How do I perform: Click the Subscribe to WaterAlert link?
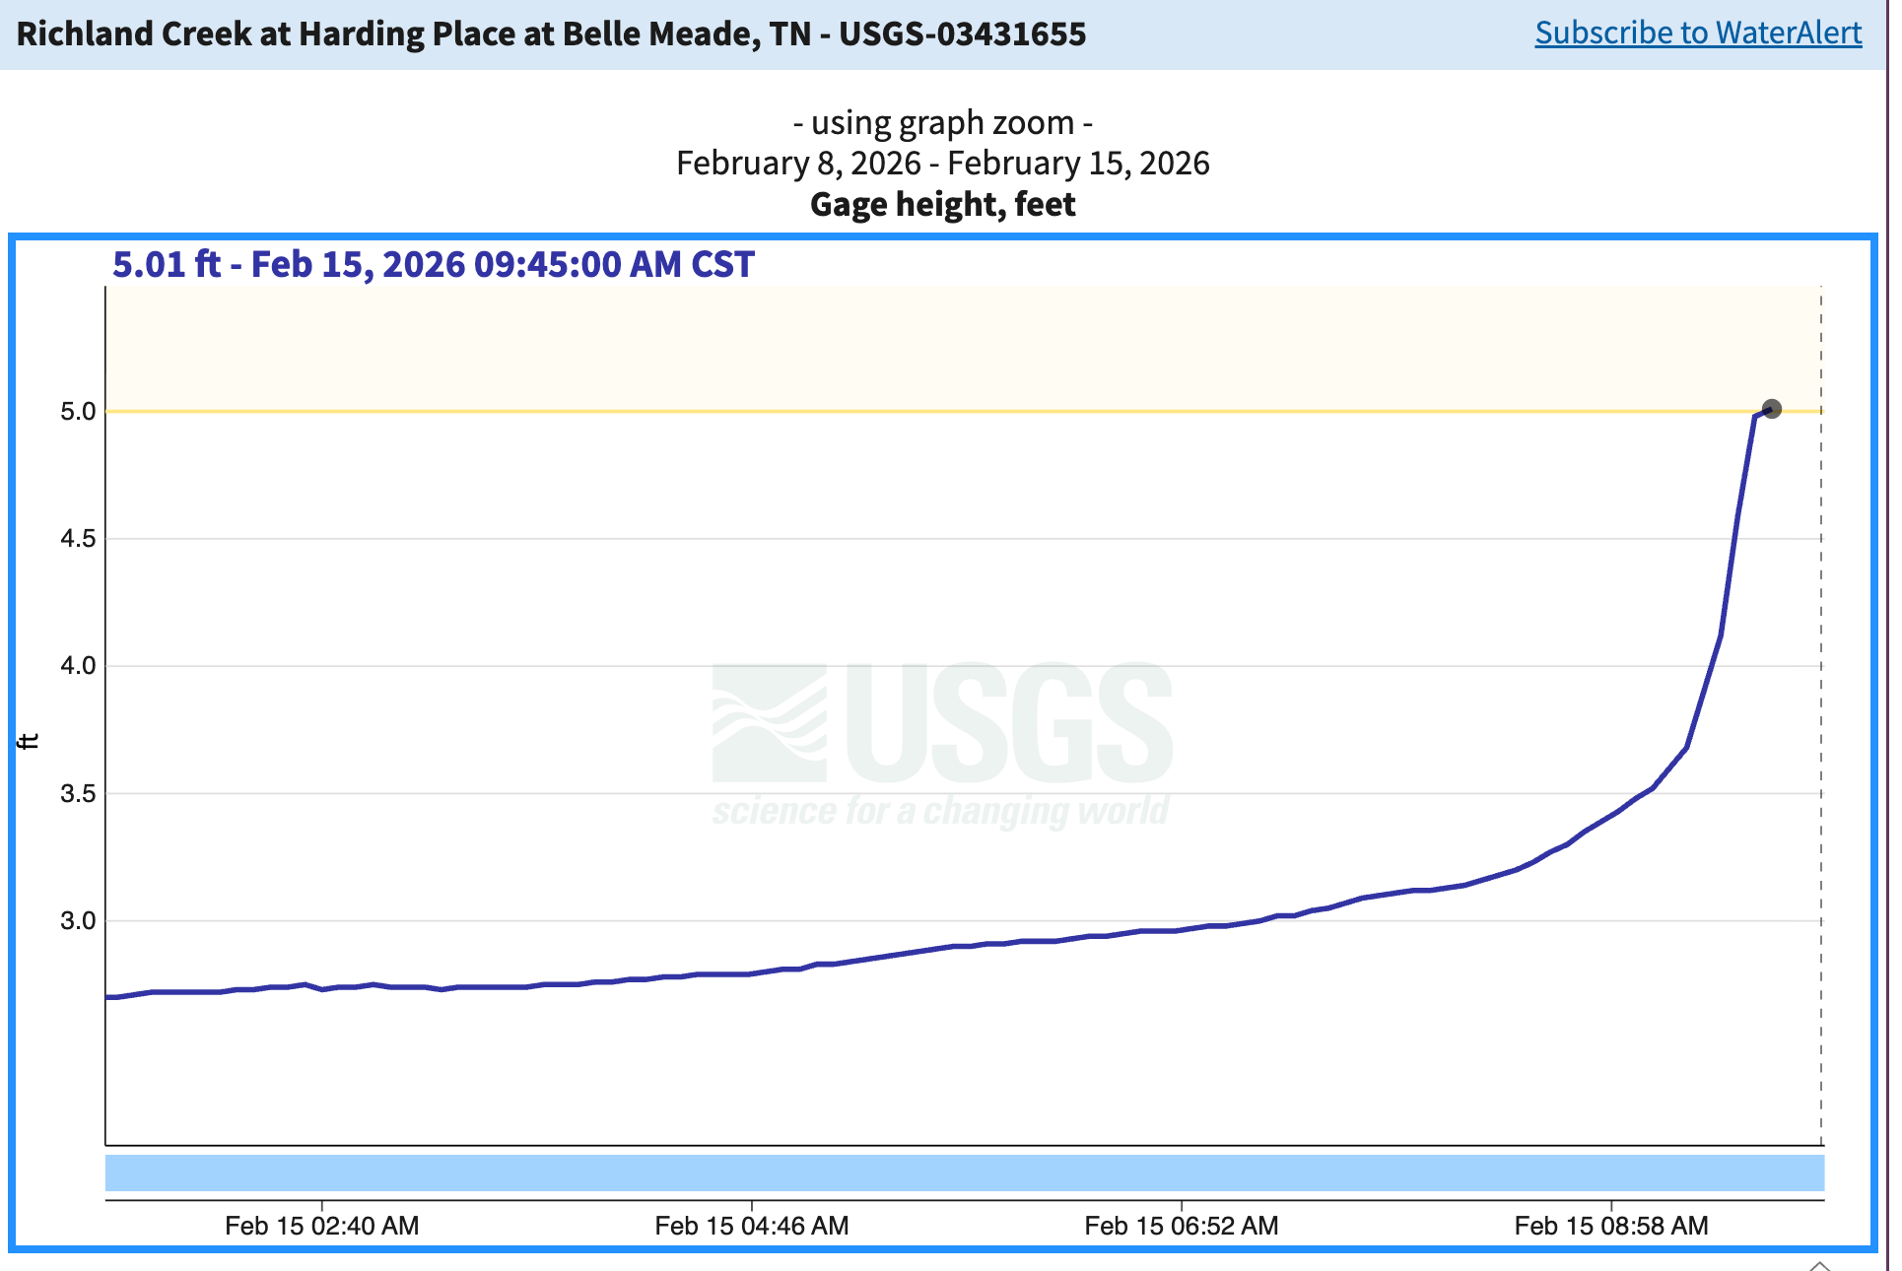click(1697, 33)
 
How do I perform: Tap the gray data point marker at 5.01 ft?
click(1771, 409)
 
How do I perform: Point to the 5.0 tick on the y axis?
click(78, 412)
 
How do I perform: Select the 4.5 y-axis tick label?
click(78, 539)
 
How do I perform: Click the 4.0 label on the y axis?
click(78, 666)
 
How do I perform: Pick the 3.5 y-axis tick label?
click(78, 794)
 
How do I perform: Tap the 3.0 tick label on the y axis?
click(78, 921)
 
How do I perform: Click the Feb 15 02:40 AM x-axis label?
click(321, 1226)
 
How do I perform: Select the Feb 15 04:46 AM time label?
click(751, 1226)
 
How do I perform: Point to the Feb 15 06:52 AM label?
click(1181, 1226)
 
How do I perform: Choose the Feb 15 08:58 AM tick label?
click(1610, 1226)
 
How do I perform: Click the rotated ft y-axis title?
click(30, 741)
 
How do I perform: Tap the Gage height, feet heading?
click(942, 205)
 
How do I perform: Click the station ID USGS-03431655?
click(962, 34)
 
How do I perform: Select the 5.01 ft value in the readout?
click(166, 265)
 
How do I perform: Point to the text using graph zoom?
click(942, 123)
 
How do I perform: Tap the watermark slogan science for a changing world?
click(940, 811)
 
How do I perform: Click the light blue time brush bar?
click(964, 1172)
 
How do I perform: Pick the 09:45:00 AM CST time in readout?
click(613, 265)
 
